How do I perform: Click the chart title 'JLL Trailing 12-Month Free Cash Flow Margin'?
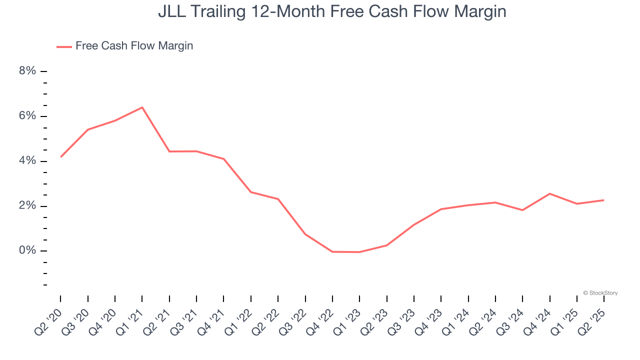332,11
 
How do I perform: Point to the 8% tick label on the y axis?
27,71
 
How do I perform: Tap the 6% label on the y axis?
27,116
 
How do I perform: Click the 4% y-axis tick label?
27,161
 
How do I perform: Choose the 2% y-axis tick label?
27,206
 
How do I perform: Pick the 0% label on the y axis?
27,250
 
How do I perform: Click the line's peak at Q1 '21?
142,107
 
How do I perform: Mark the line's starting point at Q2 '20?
61,157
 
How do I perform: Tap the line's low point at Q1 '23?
359,252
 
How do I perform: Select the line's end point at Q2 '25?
603,200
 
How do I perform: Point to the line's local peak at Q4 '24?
549,193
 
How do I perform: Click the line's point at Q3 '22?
305,234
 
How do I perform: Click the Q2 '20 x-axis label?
48,322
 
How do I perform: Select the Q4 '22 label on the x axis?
320,322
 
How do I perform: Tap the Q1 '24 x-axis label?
456,322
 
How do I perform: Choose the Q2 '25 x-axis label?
591,322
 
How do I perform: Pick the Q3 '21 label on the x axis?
184,322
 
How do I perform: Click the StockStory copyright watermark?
600,293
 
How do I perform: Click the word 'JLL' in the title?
172,11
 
